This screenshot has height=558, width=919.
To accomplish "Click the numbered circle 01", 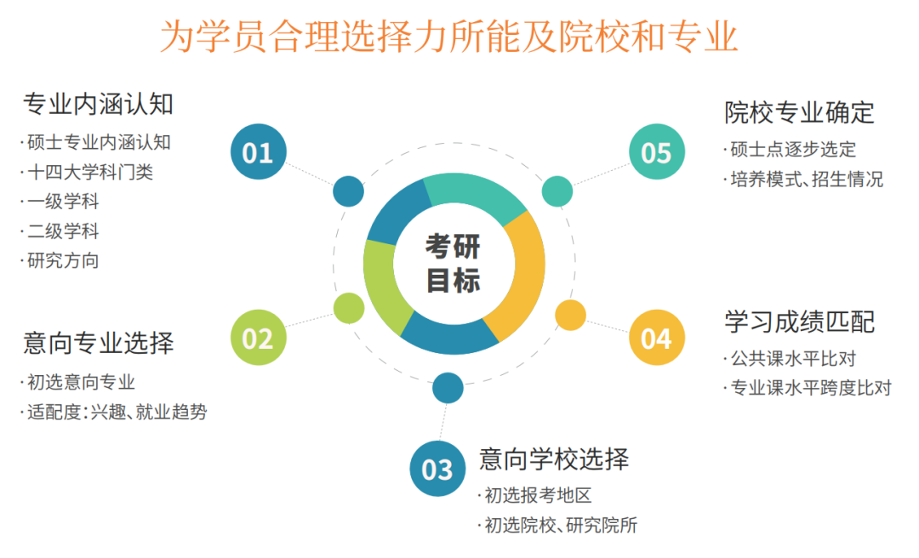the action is pyautogui.click(x=259, y=151).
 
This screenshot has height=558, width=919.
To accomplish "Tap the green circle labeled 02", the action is pyautogui.click(x=259, y=338).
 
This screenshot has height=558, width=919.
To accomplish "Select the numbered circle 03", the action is pyautogui.click(x=438, y=469).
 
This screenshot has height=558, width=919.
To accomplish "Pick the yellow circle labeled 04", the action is pyautogui.click(x=657, y=338).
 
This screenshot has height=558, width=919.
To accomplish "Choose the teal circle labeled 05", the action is pyautogui.click(x=657, y=151).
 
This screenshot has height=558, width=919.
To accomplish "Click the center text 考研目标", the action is pyautogui.click(x=453, y=263).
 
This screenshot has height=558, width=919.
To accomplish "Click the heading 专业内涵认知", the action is pyautogui.click(x=98, y=105).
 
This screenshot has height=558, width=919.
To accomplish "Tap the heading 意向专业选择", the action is pyautogui.click(x=98, y=343).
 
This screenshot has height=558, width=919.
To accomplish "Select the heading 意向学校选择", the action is pyautogui.click(x=554, y=459).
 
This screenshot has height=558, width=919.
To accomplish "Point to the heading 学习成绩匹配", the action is pyautogui.click(x=800, y=322).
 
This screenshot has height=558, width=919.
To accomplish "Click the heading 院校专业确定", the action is pyautogui.click(x=800, y=112).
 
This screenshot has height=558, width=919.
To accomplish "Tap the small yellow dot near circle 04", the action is pyautogui.click(x=570, y=315).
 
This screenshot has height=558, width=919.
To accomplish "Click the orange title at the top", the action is pyautogui.click(x=449, y=37).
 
